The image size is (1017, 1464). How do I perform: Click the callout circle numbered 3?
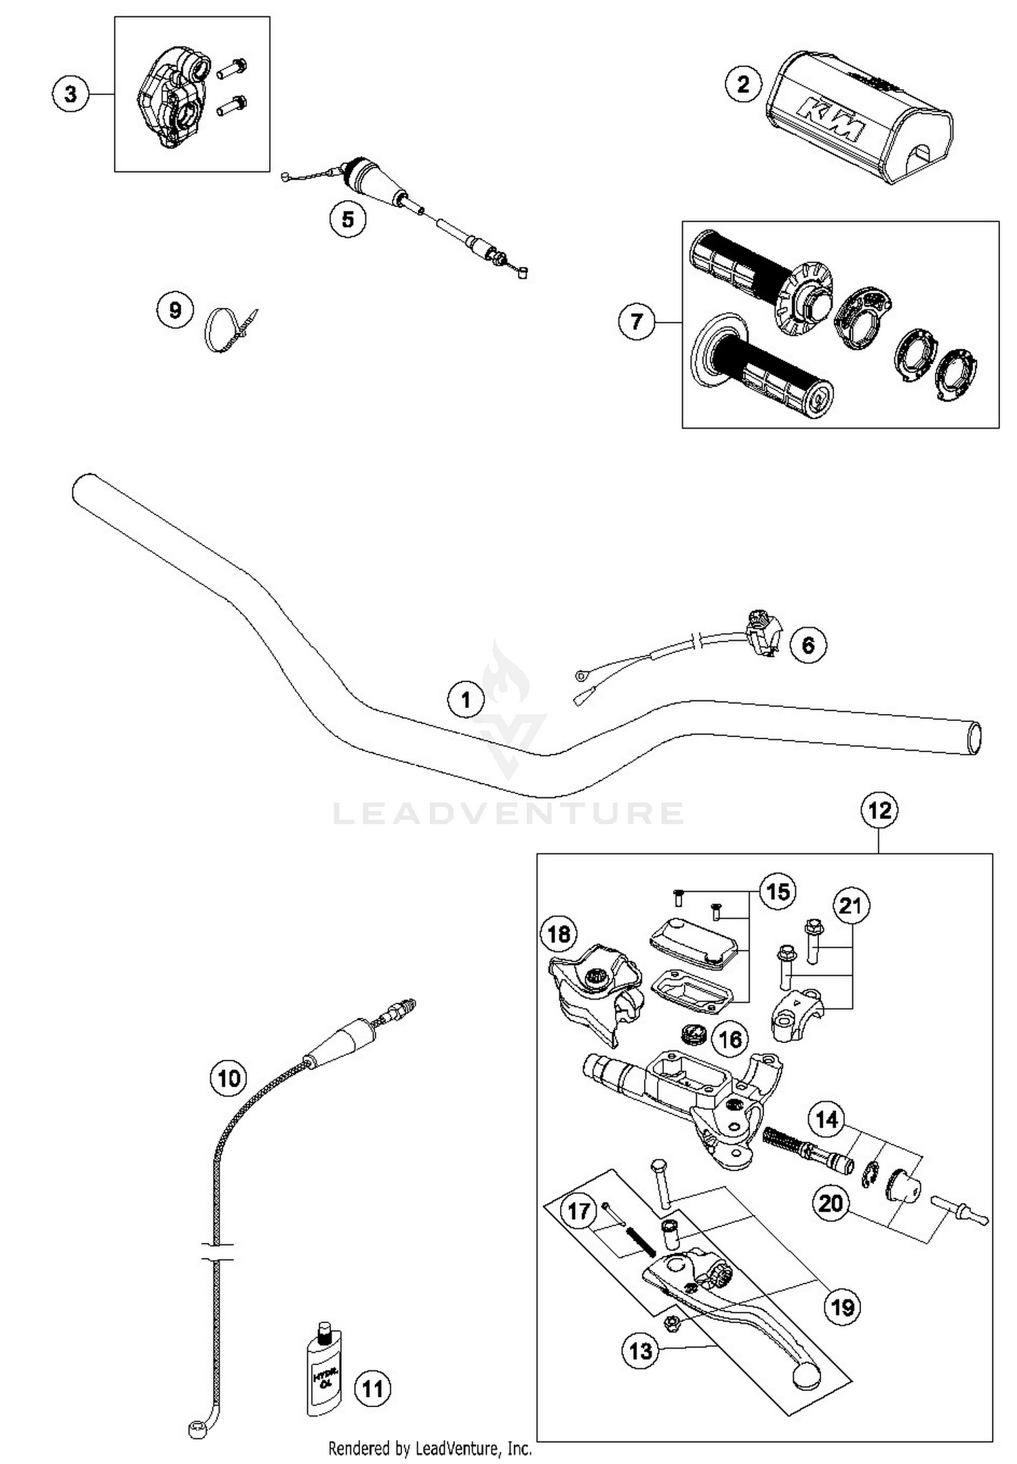(x=71, y=94)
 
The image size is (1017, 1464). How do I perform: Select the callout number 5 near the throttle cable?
(x=347, y=219)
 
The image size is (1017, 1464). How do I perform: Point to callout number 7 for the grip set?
(x=636, y=321)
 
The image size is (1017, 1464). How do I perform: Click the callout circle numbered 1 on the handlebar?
(x=466, y=699)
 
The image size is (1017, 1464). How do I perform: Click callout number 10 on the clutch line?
(x=228, y=1077)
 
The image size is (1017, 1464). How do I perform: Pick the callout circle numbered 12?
(x=879, y=810)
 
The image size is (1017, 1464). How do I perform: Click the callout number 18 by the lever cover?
(x=559, y=934)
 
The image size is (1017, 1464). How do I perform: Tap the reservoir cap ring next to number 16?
(x=693, y=1035)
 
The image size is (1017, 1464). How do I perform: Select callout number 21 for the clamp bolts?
(x=850, y=906)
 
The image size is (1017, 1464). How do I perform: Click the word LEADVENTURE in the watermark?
(x=509, y=813)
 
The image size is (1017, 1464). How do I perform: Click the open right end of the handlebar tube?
(x=974, y=738)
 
